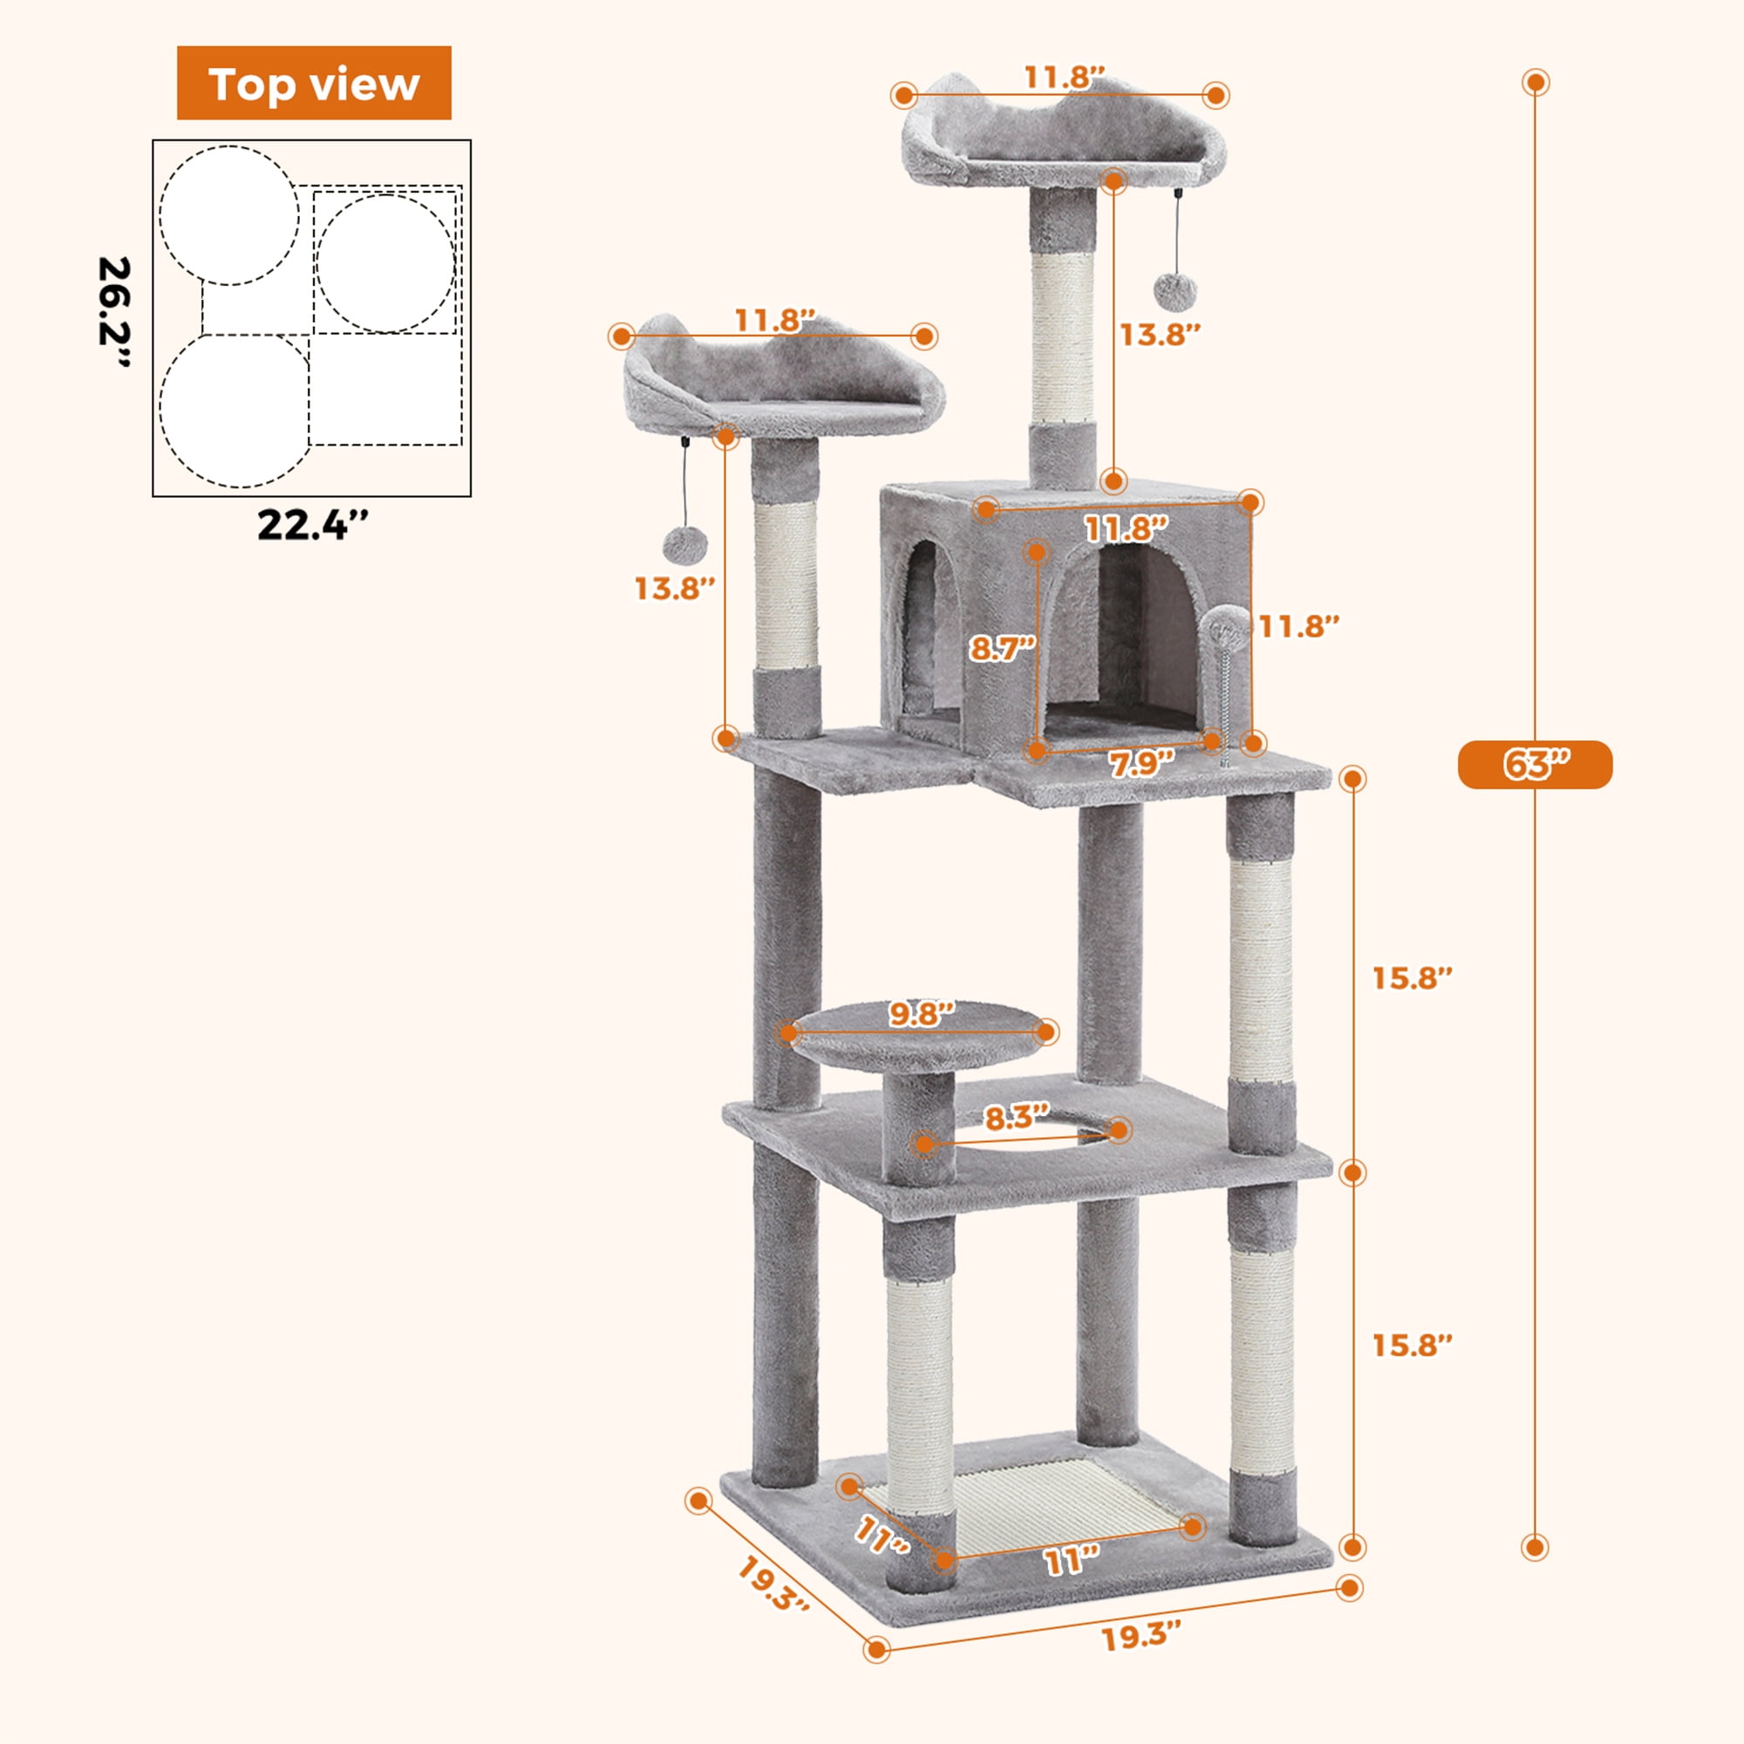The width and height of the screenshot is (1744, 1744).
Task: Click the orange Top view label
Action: [313, 83]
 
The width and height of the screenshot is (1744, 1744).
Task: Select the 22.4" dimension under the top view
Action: [312, 525]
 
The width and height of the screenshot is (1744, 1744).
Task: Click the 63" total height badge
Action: [1535, 765]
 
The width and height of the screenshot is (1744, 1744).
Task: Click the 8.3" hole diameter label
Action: [1018, 1119]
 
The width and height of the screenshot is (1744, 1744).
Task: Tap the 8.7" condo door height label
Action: [1001, 648]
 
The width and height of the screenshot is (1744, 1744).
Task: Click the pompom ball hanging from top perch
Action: [1175, 291]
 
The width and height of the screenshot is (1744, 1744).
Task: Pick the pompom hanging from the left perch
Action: [685, 544]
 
